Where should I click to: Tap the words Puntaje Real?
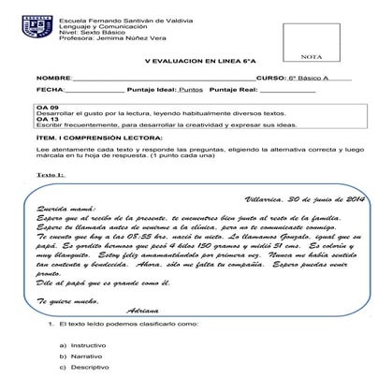click(x=233, y=90)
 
